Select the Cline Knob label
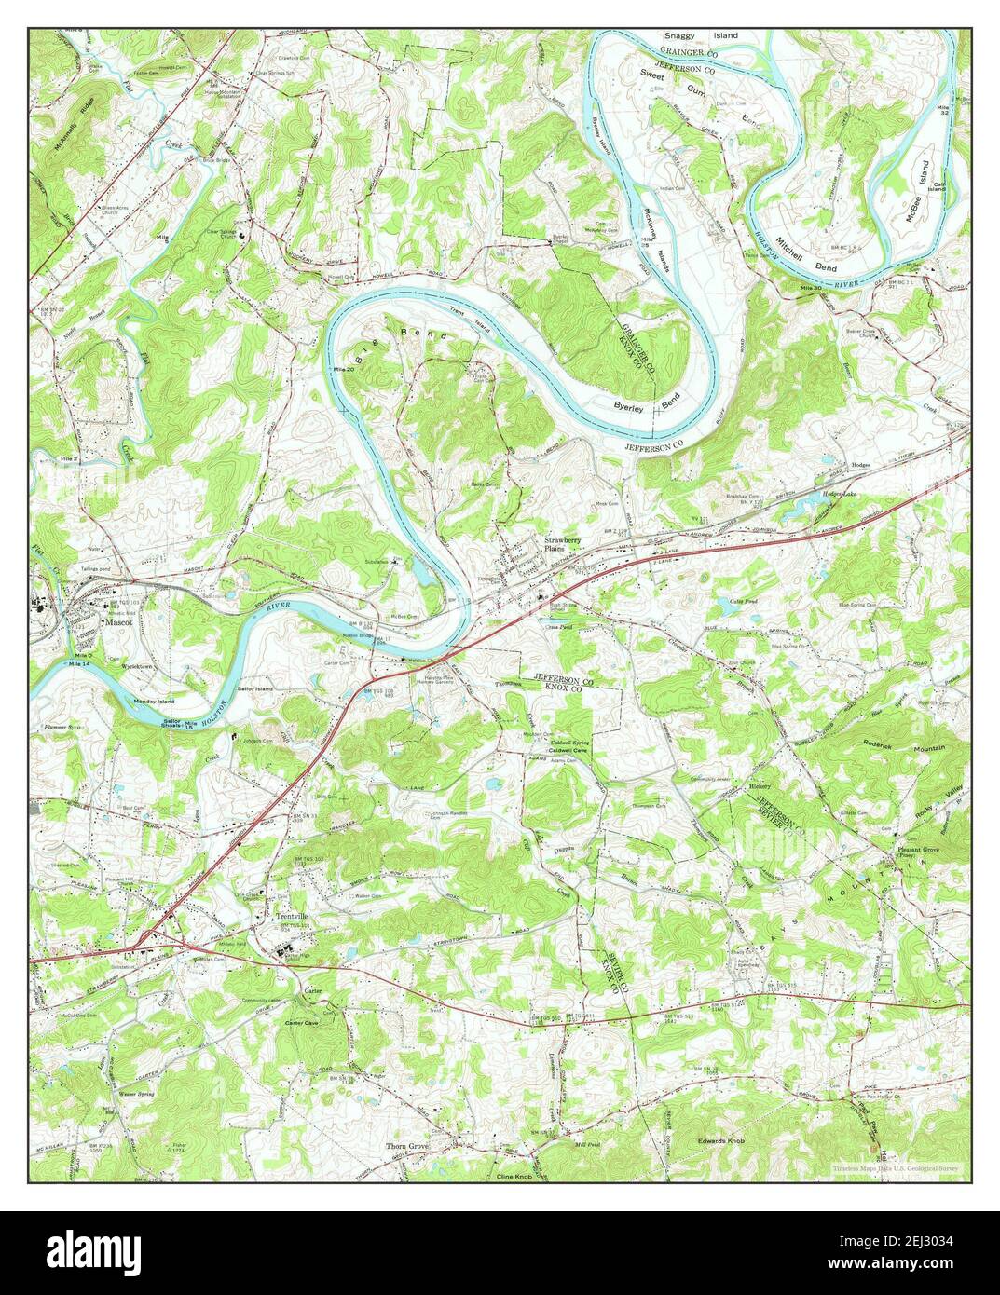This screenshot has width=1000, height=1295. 517,1177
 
